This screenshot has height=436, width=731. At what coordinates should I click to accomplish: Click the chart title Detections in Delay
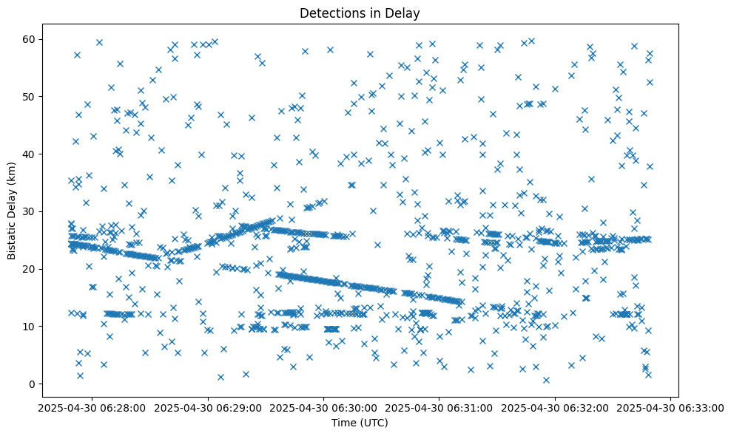(x=359, y=13)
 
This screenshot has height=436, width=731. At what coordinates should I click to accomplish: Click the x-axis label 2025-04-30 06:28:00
(x=93, y=407)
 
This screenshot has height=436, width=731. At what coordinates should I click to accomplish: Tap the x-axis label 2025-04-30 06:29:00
(x=209, y=407)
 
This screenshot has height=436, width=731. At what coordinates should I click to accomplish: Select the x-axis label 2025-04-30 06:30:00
(x=324, y=407)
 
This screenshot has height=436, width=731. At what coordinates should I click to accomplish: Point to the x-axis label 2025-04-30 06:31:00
(x=439, y=407)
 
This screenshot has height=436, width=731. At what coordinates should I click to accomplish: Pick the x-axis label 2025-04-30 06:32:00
(x=555, y=407)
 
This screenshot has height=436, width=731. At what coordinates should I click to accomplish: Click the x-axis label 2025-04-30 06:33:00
(x=670, y=407)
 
